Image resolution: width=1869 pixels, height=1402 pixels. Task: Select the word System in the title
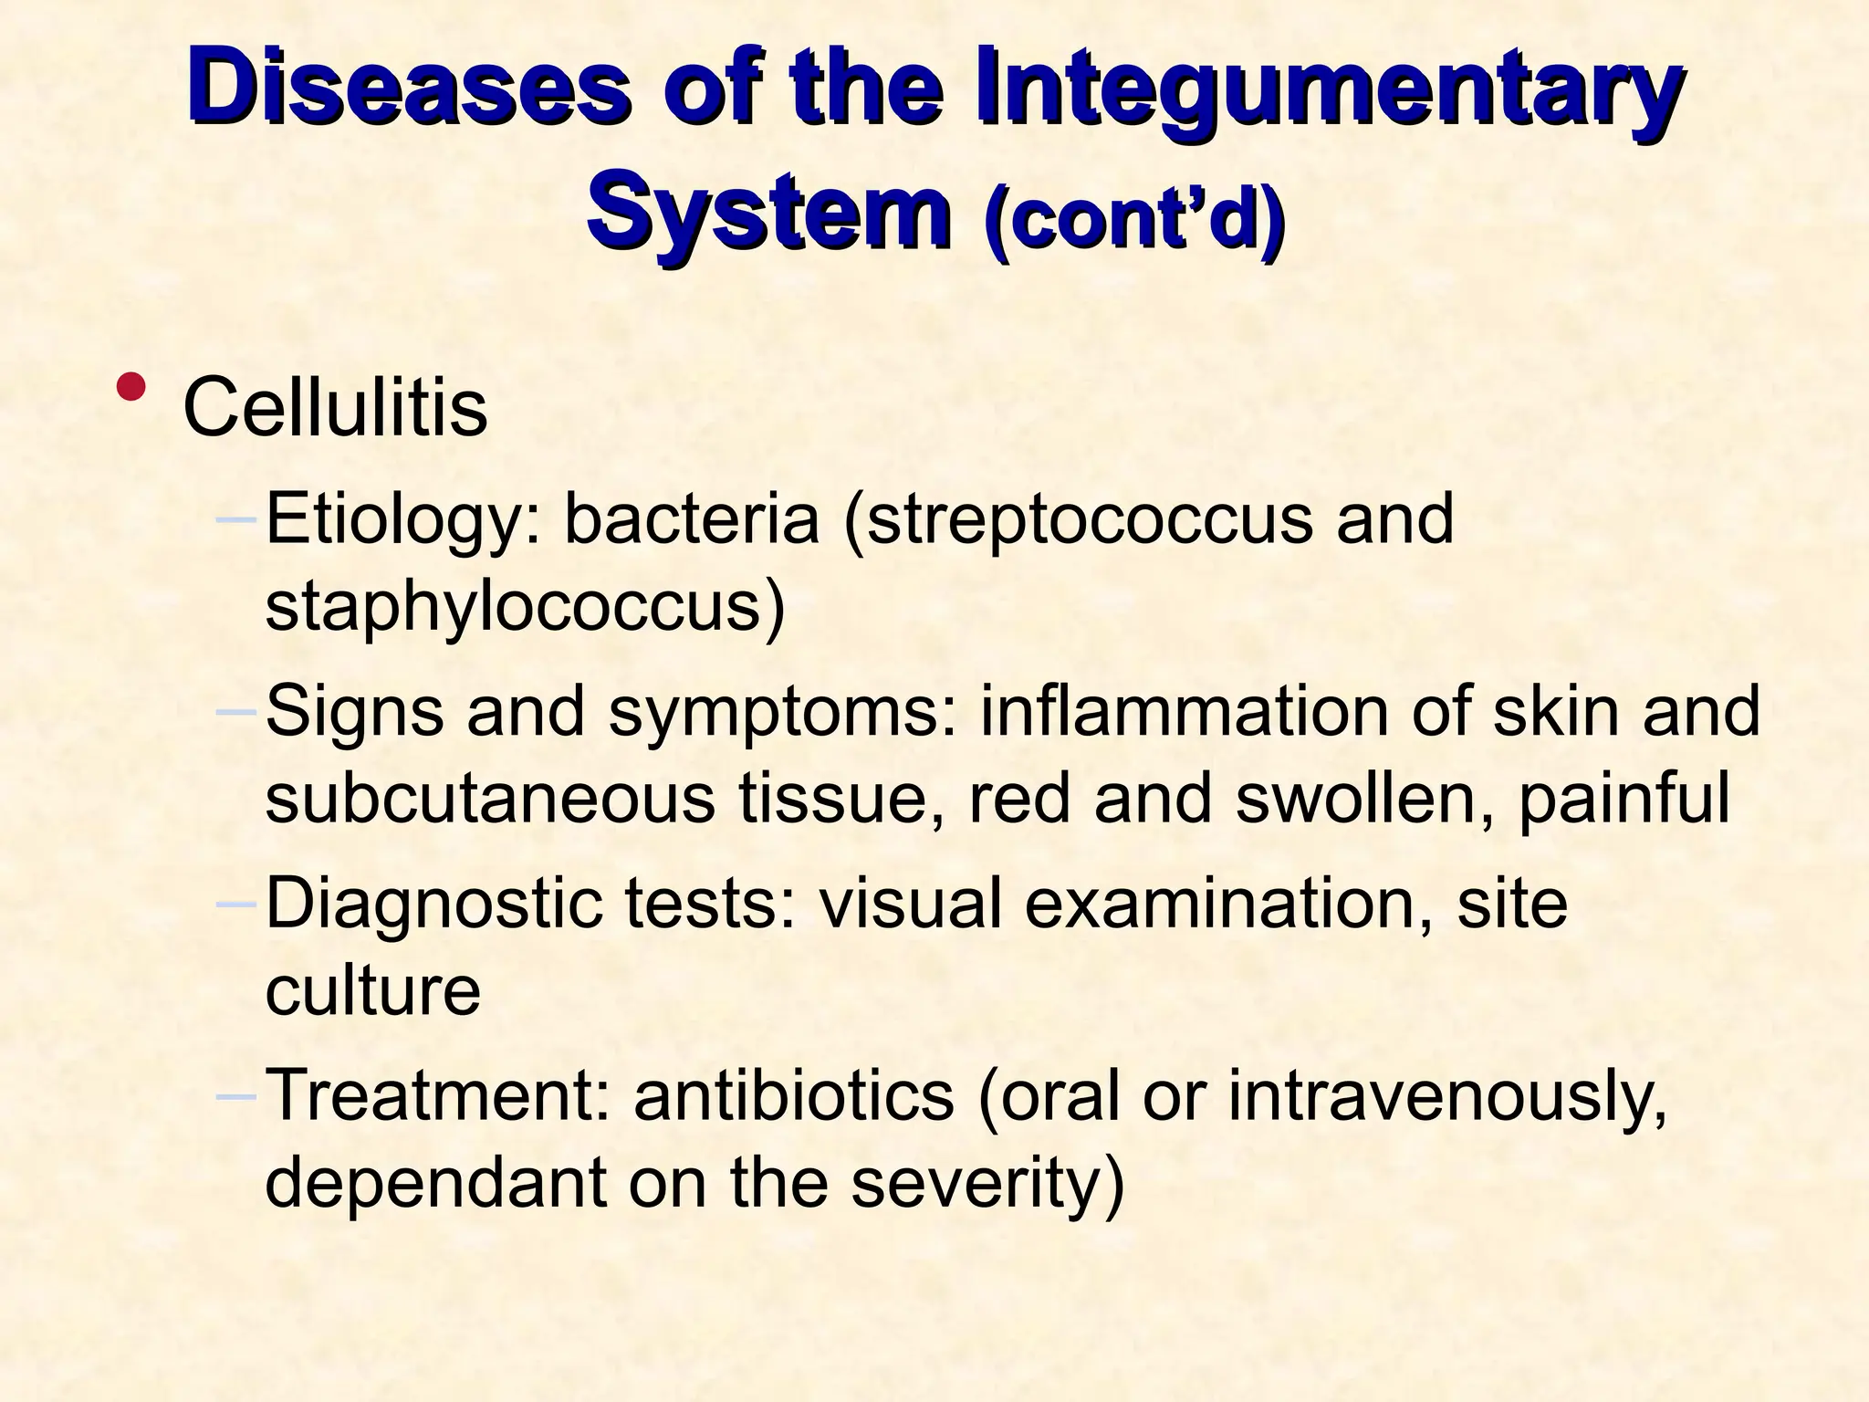(768, 214)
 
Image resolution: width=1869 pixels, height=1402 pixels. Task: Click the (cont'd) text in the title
(1135, 219)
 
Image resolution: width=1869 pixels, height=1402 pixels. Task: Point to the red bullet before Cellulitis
(133, 386)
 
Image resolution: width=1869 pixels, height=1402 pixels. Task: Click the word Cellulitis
(335, 407)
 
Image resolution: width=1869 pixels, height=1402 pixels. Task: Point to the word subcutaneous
(490, 797)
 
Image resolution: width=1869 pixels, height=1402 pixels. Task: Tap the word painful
(1624, 797)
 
